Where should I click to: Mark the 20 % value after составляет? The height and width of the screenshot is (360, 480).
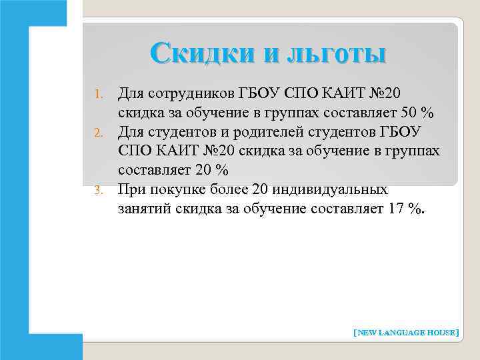point(211,169)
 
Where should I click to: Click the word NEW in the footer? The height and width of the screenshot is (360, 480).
point(367,331)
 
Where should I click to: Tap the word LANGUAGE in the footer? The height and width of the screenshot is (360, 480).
point(403,331)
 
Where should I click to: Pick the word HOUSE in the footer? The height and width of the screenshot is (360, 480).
point(441,331)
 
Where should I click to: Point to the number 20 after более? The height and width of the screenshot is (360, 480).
point(261,190)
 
